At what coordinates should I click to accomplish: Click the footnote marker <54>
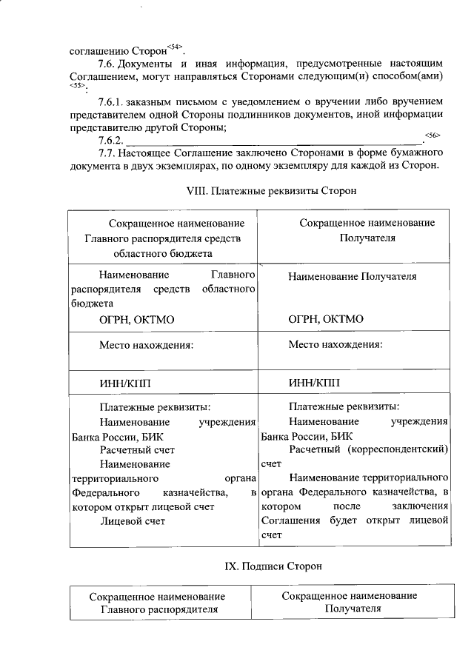[174, 47]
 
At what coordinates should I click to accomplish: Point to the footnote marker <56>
[433, 134]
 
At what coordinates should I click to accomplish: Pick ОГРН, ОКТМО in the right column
[326, 320]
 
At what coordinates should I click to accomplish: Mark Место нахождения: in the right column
[335, 344]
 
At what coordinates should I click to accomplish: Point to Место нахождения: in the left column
[147, 344]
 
